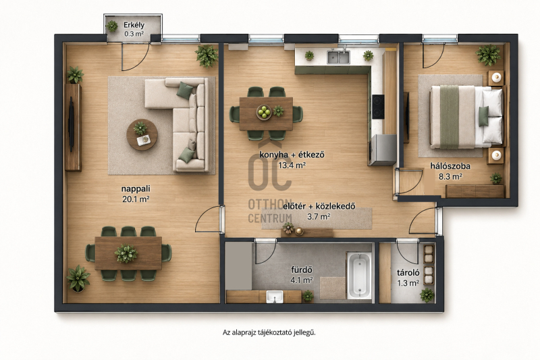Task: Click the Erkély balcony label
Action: coord(134,25)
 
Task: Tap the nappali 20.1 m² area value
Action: coord(136,199)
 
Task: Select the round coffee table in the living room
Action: coord(142,134)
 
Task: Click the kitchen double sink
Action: coord(339,57)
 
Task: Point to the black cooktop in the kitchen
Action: coord(378,107)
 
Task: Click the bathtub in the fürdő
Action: coord(359,276)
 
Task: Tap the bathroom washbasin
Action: coord(275,297)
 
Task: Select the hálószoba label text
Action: coord(450,166)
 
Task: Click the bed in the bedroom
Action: coord(466,117)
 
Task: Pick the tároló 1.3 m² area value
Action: coord(408,283)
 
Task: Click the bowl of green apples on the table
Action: coord(264,112)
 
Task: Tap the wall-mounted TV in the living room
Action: coord(72,124)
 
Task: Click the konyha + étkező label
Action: coord(292,155)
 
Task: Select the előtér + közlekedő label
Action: coord(319,207)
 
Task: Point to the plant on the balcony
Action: coord(111,26)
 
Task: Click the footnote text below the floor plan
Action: coord(269,332)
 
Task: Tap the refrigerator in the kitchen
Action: coord(383,150)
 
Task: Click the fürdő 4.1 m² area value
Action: coord(302,280)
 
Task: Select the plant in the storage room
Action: coord(427,295)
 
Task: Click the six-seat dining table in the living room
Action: coord(128,253)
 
